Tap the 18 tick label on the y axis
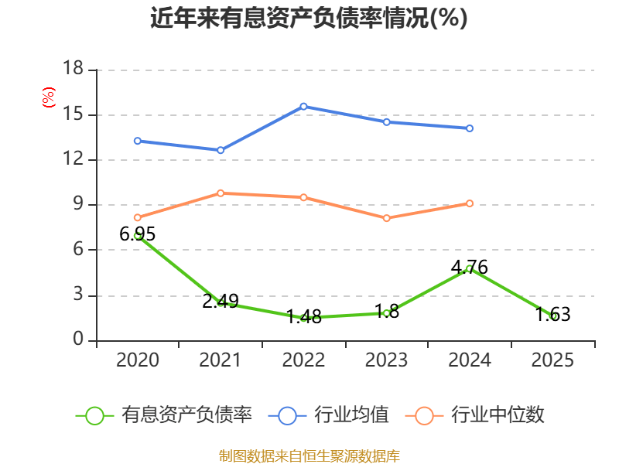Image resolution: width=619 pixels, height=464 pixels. pyautogui.click(x=73, y=70)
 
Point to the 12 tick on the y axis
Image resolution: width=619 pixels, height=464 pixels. pyautogui.click(x=73, y=160)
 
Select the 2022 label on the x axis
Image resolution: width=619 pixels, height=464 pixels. pyautogui.click(x=303, y=360)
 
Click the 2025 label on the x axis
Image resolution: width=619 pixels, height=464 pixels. pyautogui.click(x=552, y=360)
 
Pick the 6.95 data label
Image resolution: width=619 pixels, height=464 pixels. pyautogui.click(x=138, y=234)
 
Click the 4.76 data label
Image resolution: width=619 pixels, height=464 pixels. pyautogui.click(x=470, y=268)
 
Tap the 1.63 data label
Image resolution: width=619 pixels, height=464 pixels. pyautogui.click(x=552, y=314)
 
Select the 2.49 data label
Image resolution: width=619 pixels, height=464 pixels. pyautogui.click(x=221, y=302)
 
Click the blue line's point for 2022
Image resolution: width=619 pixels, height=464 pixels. pyautogui.click(x=303, y=106)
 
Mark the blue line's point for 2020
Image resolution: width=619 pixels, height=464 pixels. pyautogui.click(x=138, y=141)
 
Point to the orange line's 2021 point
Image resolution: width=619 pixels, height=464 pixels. pyautogui.click(x=221, y=193)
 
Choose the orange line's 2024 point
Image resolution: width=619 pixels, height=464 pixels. pyautogui.click(x=470, y=203)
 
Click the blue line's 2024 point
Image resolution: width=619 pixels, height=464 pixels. pyautogui.click(x=470, y=128)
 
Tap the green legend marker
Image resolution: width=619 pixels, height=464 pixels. pyautogui.click(x=94, y=415)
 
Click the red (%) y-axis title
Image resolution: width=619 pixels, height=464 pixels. pyautogui.click(x=49, y=97)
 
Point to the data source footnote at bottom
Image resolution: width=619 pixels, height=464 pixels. pyautogui.click(x=309, y=455)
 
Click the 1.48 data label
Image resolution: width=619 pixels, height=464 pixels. pyautogui.click(x=303, y=316)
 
